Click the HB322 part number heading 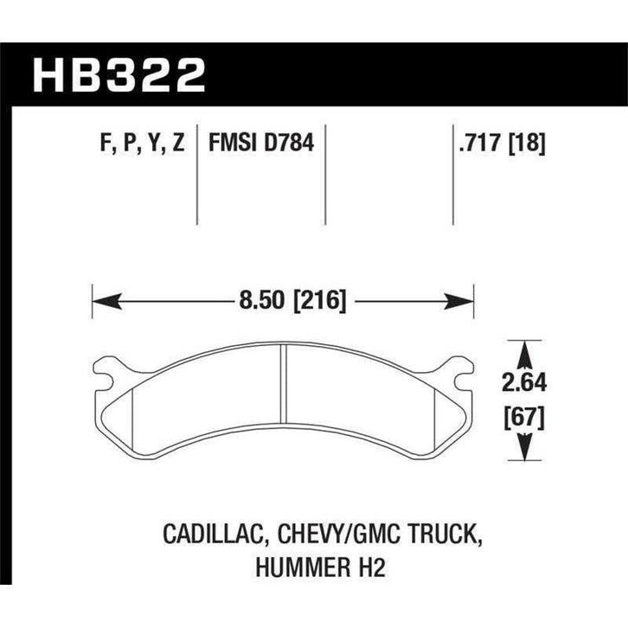click(x=119, y=75)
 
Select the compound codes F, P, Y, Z click(x=142, y=143)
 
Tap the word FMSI click(x=233, y=142)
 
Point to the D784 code click(x=288, y=142)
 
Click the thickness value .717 click(x=480, y=143)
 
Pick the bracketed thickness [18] click(x=527, y=143)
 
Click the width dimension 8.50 click(x=261, y=300)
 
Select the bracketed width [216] click(x=319, y=301)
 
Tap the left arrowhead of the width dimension click(x=107, y=301)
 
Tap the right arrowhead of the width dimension click(x=459, y=301)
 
